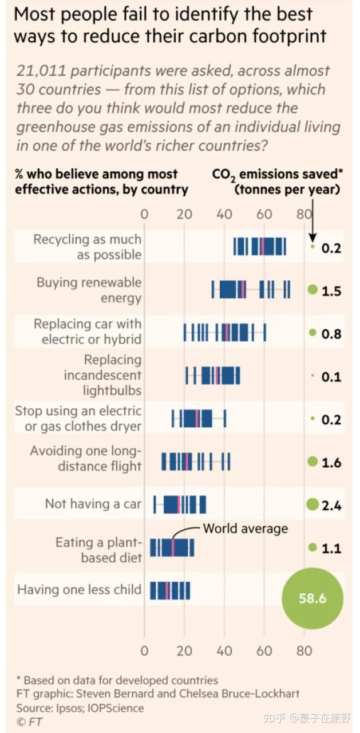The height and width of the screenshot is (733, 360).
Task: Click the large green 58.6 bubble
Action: click(312, 598)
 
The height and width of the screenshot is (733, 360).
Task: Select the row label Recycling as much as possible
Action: click(87, 247)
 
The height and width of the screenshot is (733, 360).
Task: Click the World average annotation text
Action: click(245, 528)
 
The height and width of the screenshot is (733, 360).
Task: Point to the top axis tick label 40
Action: click(224, 215)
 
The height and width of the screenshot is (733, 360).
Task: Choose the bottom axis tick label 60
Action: click(264, 651)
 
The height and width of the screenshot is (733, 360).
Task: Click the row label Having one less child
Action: click(79, 589)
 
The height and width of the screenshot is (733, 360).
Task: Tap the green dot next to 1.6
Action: click(312, 462)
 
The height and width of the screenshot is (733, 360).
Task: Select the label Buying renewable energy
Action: click(89, 290)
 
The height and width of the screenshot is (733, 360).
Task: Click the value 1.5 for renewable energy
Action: click(331, 291)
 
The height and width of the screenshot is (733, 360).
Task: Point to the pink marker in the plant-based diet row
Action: click(172, 547)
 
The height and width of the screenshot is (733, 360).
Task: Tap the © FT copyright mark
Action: click(29, 722)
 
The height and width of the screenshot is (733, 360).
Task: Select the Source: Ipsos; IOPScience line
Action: click(80, 708)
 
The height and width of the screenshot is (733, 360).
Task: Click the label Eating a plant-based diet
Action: click(98, 550)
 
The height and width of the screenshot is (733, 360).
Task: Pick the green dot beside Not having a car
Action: click(312, 504)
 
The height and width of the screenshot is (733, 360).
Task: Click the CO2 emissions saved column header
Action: click(276, 182)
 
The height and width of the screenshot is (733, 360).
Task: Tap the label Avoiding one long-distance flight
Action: click(85, 458)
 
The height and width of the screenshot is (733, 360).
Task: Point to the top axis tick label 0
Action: click(144, 215)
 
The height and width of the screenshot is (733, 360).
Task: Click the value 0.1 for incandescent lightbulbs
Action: click(331, 377)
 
